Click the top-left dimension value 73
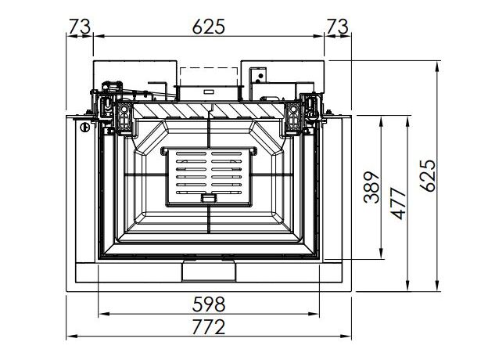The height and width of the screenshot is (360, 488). [79, 27]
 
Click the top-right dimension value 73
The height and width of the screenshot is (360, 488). [337, 27]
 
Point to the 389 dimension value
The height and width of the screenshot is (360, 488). [372, 187]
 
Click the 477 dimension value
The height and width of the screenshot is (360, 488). [399, 203]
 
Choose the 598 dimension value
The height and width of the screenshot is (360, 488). [208, 304]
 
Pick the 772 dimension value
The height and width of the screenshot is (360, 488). [208, 326]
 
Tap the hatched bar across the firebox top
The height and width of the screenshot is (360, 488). [209, 111]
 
